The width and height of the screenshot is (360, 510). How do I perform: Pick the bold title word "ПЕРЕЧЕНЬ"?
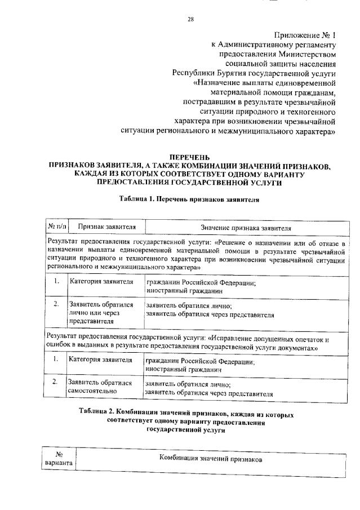189,157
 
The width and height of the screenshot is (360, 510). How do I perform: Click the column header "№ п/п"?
56,227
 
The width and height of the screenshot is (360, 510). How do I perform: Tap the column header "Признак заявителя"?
106,227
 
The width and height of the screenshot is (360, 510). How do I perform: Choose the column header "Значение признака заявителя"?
246,227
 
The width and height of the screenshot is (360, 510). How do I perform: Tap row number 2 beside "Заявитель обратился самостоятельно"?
55,382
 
